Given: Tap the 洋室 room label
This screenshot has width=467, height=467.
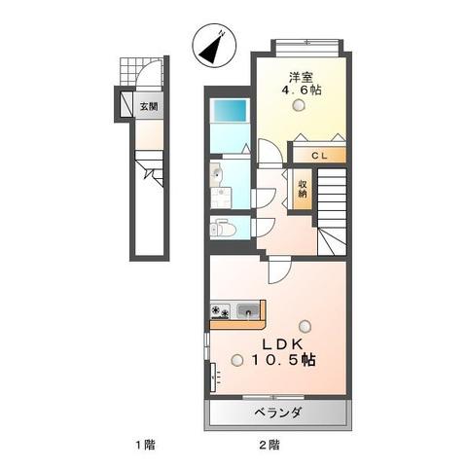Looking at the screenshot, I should click(300, 76).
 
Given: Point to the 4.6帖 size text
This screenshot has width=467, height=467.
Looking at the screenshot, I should click(302, 90).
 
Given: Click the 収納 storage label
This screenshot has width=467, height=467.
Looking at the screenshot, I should click(304, 189).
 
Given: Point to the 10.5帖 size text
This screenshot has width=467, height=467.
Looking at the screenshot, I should click(284, 361).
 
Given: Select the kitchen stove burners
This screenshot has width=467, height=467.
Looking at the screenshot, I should click(222, 312).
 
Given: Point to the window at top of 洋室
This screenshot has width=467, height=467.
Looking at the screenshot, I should click(306, 42).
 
